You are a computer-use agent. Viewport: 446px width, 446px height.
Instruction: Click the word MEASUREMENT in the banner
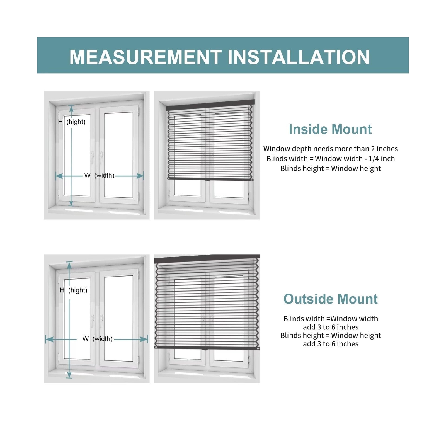145,57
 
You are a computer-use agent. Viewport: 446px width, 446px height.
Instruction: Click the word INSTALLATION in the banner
299,57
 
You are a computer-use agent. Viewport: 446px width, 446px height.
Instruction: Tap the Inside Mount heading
330,129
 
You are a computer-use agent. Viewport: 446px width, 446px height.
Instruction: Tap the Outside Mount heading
330,299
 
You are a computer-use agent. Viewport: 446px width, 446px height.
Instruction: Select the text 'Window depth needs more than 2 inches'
330,149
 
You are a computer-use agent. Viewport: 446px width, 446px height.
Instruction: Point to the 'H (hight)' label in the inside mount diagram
72,122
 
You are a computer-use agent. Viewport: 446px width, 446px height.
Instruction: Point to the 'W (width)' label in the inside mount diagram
99,176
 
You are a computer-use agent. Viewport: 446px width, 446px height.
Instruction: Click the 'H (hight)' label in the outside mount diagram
74,290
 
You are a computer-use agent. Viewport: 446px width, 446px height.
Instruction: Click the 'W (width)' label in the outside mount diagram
98,339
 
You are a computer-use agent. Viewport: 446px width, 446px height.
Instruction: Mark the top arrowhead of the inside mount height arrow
72,108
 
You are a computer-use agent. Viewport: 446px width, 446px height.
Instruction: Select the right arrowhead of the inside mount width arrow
140,176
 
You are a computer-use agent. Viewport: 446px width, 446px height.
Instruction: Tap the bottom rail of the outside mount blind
207,348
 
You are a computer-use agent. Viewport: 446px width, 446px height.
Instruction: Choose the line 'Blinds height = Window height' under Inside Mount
330,169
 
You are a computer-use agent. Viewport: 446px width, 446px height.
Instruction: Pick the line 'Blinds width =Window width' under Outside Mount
330,319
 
